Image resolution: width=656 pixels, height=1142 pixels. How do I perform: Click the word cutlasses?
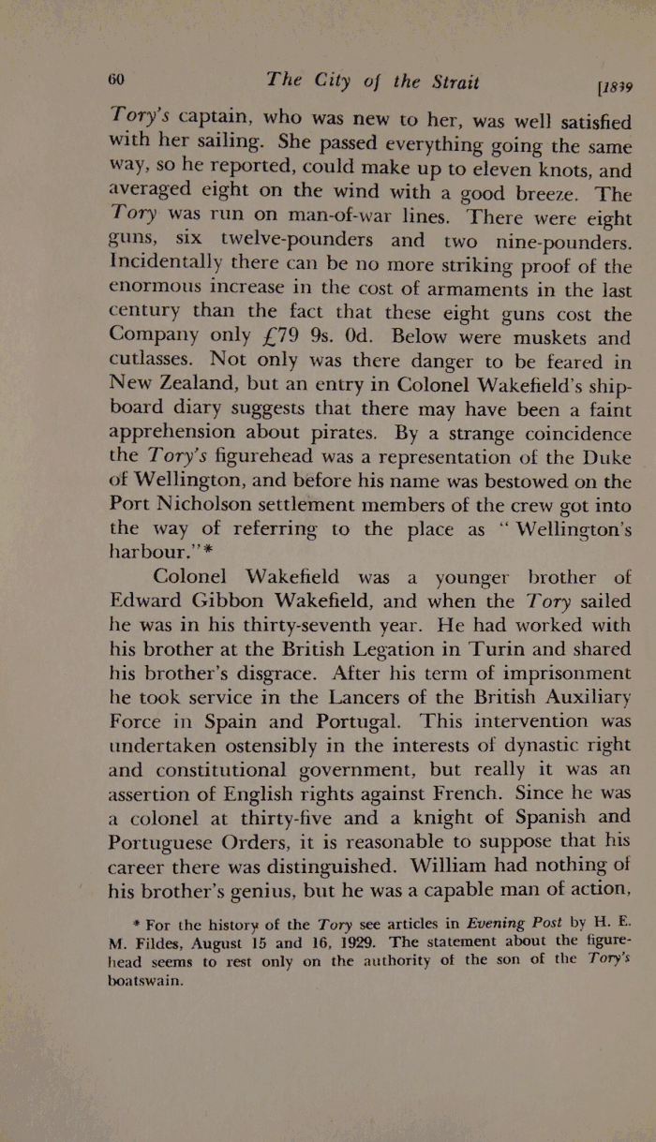151,359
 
